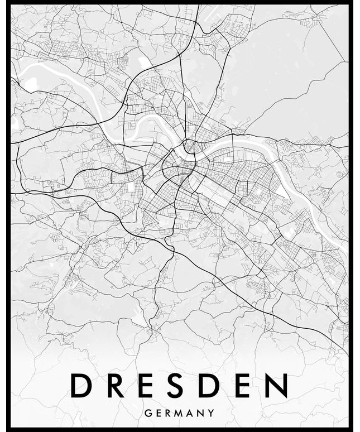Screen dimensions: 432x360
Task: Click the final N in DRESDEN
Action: coord(278,386)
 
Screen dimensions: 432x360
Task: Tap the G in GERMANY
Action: coord(147,414)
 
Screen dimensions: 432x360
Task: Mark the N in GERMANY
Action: coord(201,414)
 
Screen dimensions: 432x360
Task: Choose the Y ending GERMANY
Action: coord(212,414)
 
